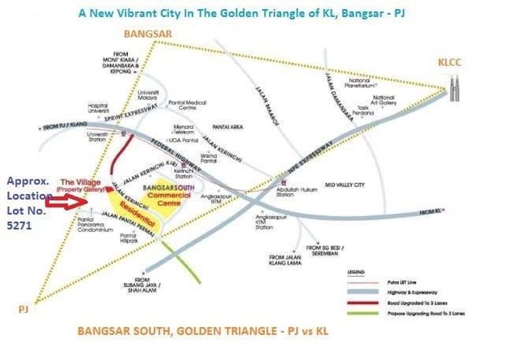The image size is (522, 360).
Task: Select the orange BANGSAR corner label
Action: click(x=147, y=33)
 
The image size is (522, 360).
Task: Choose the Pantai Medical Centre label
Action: click(x=187, y=105)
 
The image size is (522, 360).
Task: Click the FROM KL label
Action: click(x=430, y=212)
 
